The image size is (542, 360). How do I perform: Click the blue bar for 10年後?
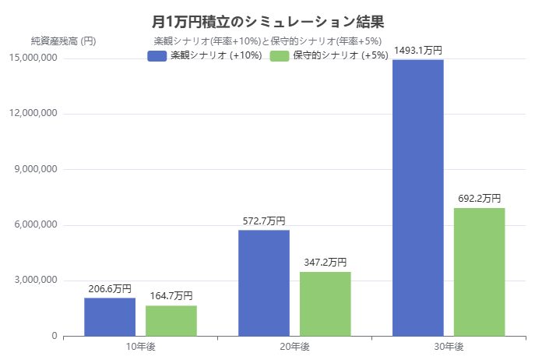(110, 317)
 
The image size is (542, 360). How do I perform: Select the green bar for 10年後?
(171, 321)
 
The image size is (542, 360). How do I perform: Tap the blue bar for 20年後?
(264, 283)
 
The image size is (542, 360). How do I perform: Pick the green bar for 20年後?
(326, 304)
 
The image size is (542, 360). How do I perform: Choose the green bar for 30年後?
(480, 272)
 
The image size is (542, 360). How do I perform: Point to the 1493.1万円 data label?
(418, 50)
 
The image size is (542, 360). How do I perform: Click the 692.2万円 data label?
(480, 199)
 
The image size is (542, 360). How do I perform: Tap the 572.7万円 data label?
(264, 221)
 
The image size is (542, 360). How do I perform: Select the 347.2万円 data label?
(326, 263)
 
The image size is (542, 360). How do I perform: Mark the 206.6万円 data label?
(110, 288)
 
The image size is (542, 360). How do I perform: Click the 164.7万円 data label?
(171, 296)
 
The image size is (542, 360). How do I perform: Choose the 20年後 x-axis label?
(294, 347)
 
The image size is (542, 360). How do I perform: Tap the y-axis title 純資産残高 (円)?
(64, 41)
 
